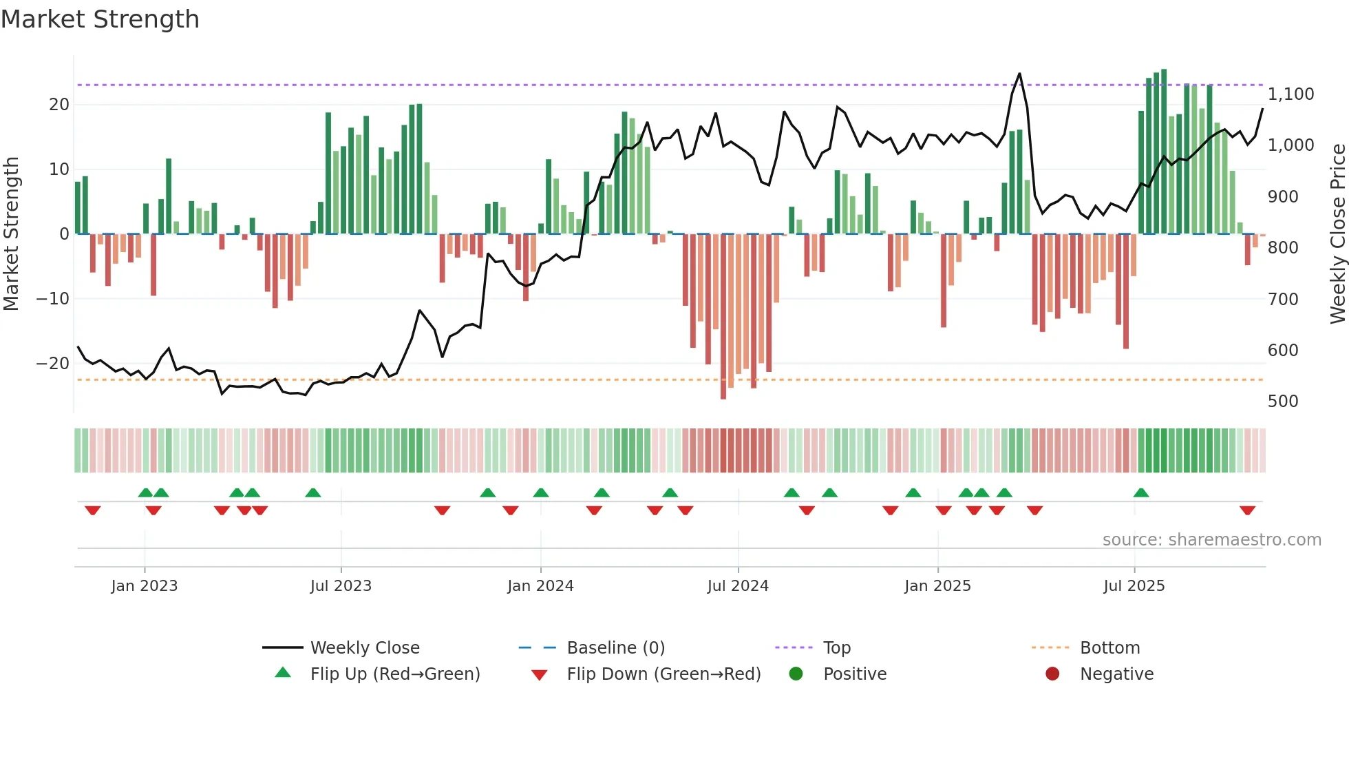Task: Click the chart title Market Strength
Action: click(x=100, y=19)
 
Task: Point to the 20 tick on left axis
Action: click(x=59, y=105)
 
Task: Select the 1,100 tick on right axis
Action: click(x=1290, y=94)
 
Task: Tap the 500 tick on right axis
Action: click(x=1282, y=402)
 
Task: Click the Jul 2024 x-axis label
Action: click(x=737, y=586)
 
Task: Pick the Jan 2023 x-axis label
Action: click(x=144, y=586)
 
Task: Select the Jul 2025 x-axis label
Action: click(x=1134, y=586)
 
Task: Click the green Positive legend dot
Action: click(x=796, y=674)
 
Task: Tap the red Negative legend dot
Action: click(x=1052, y=674)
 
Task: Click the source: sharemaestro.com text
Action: click(x=1211, y=540)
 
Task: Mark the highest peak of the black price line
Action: click(x=1019, y=74)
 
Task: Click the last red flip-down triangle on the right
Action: click(x=1247, y=510)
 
